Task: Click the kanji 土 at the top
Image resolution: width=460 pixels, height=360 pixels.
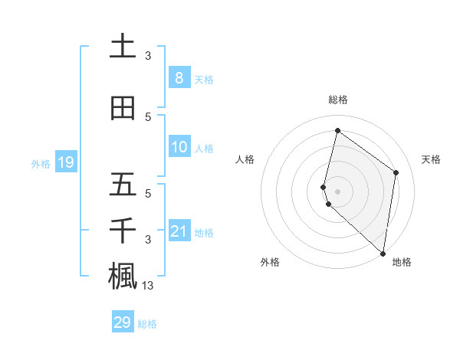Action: [123, 46]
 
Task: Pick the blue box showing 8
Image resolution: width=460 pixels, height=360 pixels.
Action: [179, 78]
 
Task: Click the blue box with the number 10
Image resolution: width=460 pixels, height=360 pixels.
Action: [179, 147]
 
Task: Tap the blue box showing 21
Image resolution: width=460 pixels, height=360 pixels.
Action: [179, 231]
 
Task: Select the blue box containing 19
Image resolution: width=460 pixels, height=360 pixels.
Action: [65, 162]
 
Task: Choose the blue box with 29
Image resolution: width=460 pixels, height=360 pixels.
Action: [123, 322]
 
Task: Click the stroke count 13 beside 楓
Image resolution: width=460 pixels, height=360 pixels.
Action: [147, 286]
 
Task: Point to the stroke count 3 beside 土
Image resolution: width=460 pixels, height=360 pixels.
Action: [148, 55]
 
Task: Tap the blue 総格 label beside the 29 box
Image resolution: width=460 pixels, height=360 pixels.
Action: [147, 324]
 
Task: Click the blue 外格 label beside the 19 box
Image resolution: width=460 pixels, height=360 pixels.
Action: [41, 163]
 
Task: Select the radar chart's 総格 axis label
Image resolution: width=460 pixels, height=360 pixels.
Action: [337, 100]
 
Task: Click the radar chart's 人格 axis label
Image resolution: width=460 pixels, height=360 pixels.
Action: [245, 159]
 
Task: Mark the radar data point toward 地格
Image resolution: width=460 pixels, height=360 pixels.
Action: [383, 253]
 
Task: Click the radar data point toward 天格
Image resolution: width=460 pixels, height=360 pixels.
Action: [396, 172]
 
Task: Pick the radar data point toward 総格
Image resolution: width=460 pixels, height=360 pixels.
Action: [337, 130]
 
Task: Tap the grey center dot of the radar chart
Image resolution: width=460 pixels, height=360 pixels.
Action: [337, 190]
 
